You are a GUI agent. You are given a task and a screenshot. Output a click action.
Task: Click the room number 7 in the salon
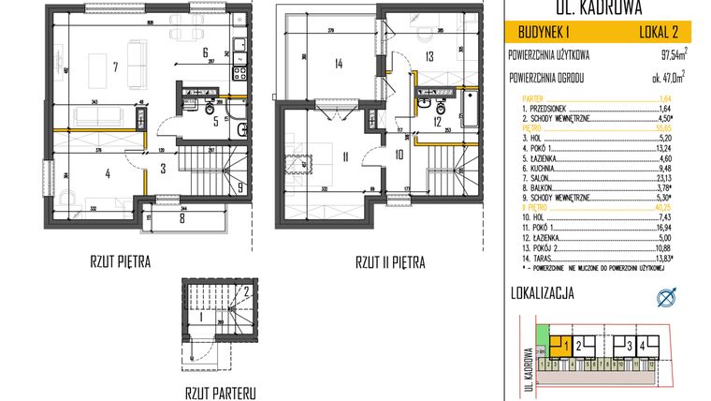114,67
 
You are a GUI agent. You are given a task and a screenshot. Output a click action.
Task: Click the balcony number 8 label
182,221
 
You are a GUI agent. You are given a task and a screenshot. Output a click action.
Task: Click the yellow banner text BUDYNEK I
544,33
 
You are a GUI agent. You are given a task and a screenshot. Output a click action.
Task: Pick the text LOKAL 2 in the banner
660,33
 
